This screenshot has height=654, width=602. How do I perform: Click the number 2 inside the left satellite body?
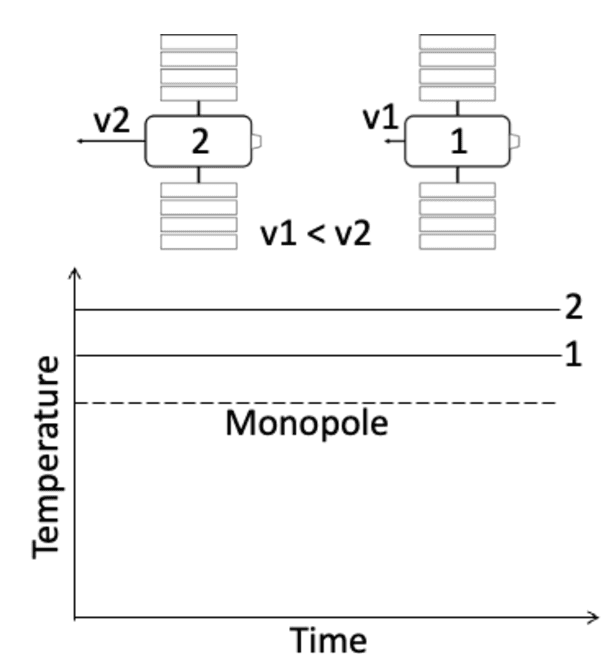click(200, 141)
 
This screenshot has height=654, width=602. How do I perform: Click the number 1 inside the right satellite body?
click(458, 141)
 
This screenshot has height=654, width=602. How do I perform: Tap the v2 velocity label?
click(111, 119)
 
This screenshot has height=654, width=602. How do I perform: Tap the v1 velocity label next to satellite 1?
click(380, 119)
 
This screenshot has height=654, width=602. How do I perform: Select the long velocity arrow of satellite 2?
click(110, 142)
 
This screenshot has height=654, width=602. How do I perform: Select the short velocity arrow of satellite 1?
click(393, 142)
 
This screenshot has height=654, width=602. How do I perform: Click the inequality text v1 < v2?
click(316, 234)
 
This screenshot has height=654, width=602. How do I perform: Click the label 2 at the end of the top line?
click(573, 307)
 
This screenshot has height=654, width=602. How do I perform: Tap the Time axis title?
click(328, 637)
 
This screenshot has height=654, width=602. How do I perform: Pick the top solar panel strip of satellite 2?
click(199, 41)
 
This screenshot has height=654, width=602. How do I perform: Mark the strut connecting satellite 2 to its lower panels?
click(199, 175)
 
